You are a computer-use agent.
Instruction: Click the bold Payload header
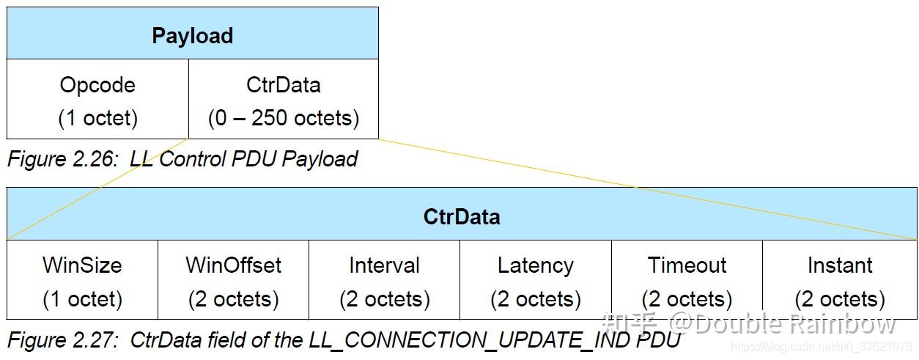pos(193,36)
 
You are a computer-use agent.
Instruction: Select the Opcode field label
pos(97,85)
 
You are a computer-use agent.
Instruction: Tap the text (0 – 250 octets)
pos(284,118)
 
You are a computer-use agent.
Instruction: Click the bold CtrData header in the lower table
pos(462,216)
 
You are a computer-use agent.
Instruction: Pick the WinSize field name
pos(82,265)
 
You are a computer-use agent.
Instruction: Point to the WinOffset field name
pos(234,265)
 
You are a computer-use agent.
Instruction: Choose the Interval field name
pos(385,265)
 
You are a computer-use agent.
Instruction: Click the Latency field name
pos(536,265)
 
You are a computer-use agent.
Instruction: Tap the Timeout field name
pos(687,265)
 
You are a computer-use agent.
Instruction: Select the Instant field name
pos(840,265)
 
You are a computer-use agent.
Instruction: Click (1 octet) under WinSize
pos(83,299)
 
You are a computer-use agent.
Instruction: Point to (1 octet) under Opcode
pos(97,118)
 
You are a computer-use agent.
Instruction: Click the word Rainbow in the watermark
pos(843,324)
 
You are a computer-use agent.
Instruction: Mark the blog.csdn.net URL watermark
pos(822,347)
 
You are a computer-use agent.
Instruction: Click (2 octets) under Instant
pos(840,299)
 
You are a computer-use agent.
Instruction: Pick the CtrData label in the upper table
pos(284,85)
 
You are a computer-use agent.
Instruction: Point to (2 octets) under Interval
pos(385,299)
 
